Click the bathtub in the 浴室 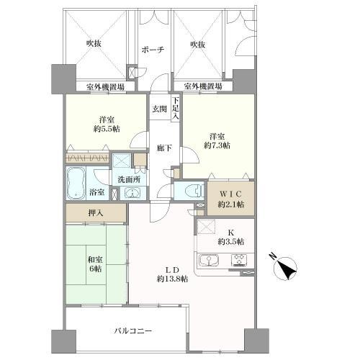click(x=76, y=183)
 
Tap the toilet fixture click(x=194, y=191)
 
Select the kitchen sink click(x=209, y=261)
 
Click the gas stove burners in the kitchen click(x=239, y=261)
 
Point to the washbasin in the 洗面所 click(x=132, y=193)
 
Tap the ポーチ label click(x=153, y=50)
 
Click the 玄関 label click(x=159, y=109)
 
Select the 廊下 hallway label click(x=164, y=148)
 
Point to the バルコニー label click(x=133, y=331)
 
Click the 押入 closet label click(x=96, y=212)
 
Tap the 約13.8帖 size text click(x=172, y=279)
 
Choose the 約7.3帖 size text click(x=217, y=145)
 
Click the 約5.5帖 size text click(x=107, y=129)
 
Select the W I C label click(x=230, y=194)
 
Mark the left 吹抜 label click(x=94, y=43)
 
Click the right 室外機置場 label click(x=203, y=86)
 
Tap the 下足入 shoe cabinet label click(x=176, y=108)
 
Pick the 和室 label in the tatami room click(x=95, y=260)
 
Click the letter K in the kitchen click(x=230, y=233)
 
